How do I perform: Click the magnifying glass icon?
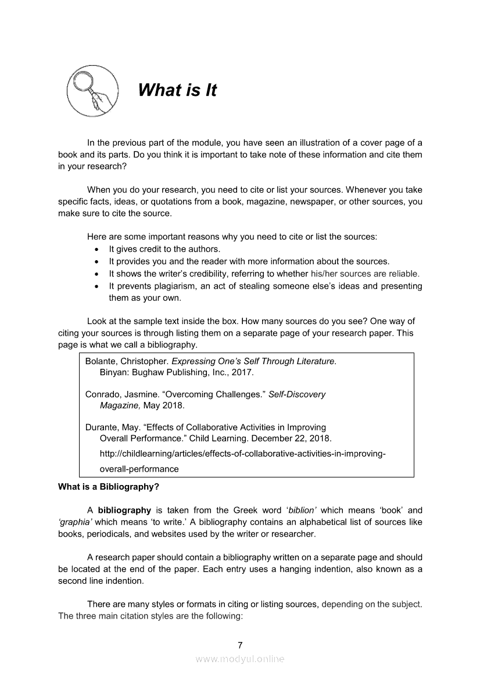click(x=92, y=91)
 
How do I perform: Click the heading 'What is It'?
click(x=177, y=91)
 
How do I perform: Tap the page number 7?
click(x=240, y=645)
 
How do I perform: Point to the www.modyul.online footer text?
click(x=240, y=659)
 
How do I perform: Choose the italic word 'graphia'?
click(x=73, y=522)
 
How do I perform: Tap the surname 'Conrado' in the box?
click(x=103, y=394)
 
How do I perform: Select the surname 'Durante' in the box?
click(x=102, y=427)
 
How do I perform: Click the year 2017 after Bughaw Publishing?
click(x=242, y=372)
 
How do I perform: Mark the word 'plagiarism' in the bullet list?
click(x=172, y=286)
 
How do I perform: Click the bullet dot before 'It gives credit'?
click(x=96, y=250)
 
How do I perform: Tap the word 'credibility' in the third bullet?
click(x=218, y=274)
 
